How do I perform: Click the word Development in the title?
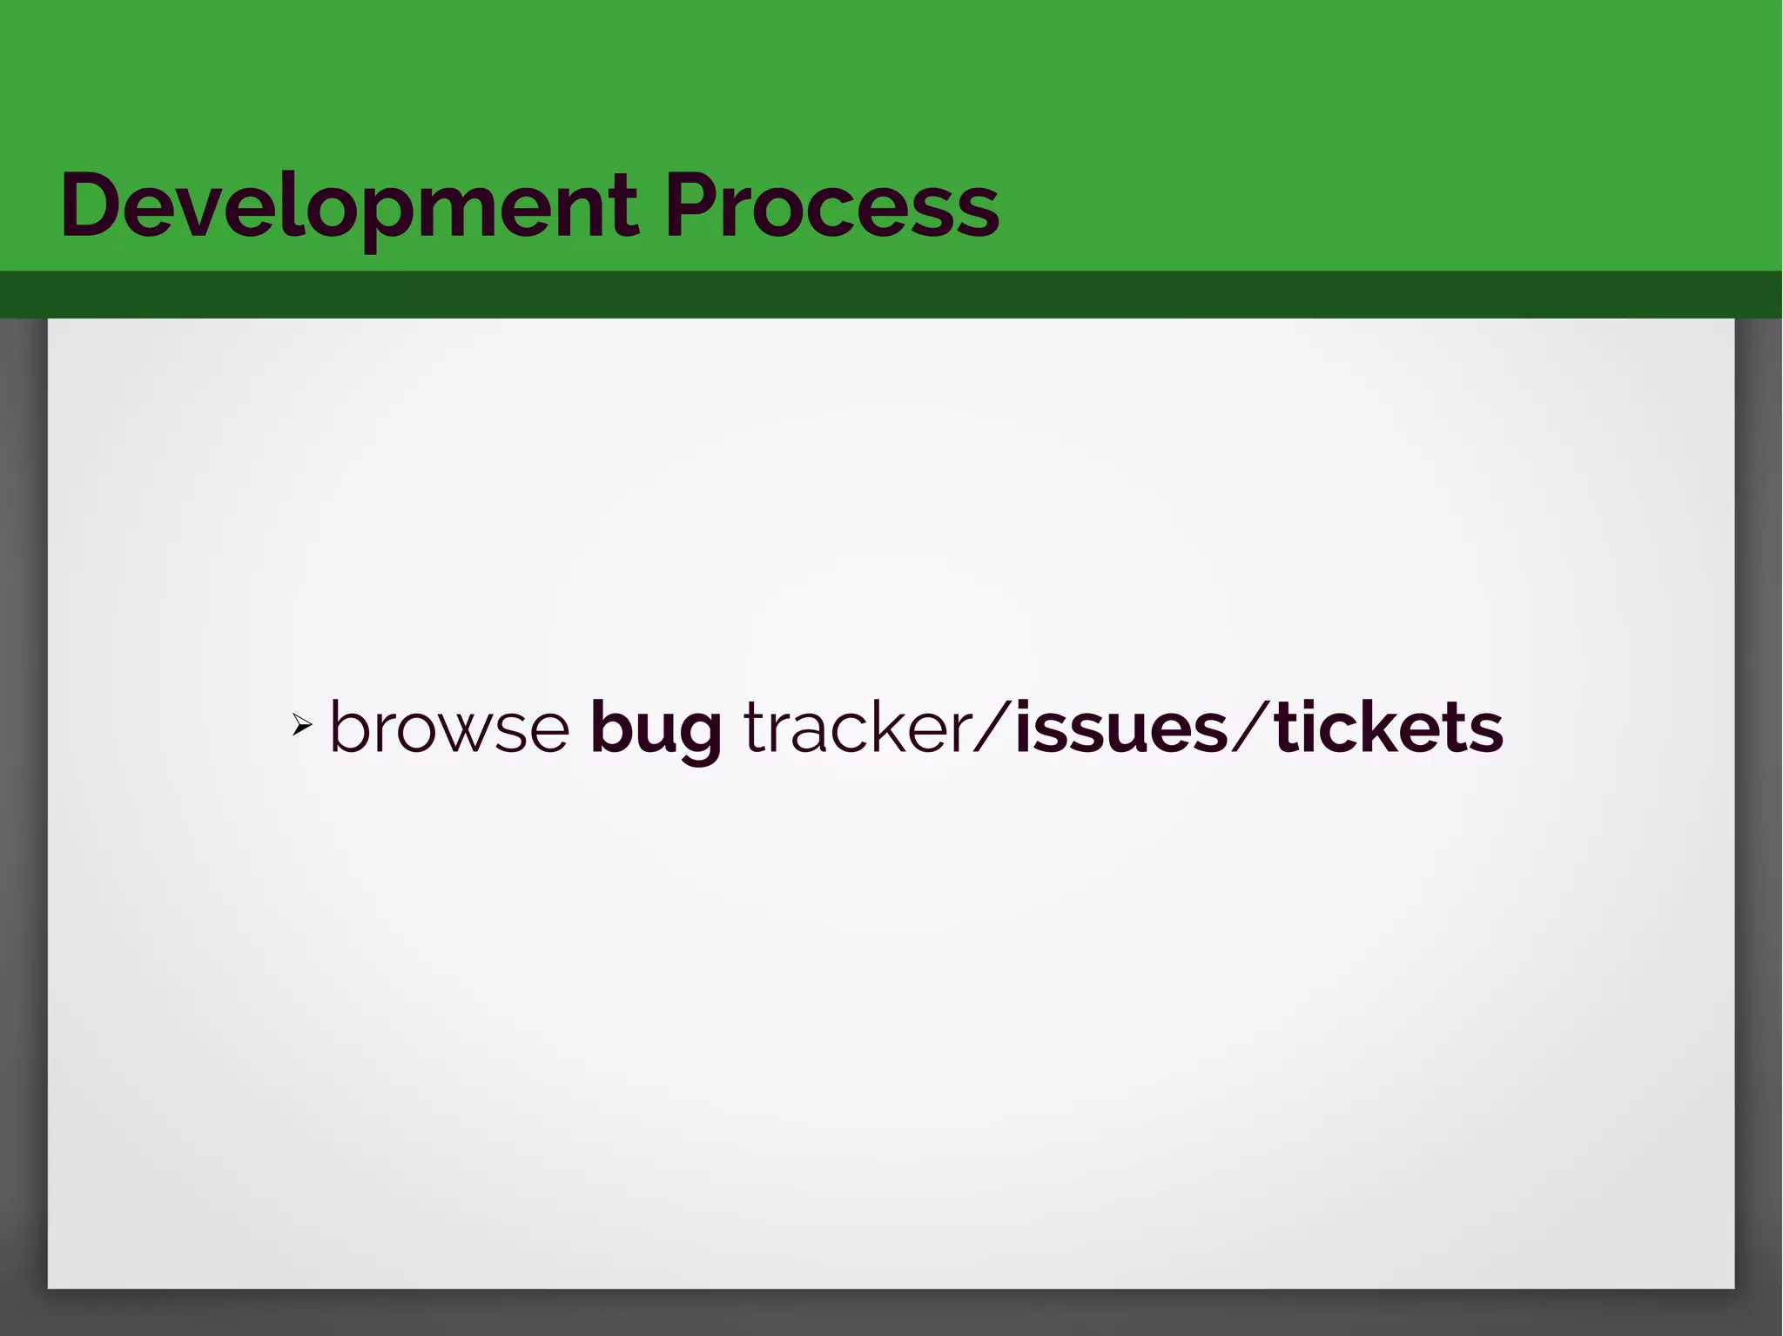[348, 206]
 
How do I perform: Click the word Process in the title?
[831, 206]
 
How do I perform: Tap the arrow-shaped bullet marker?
[301, 724]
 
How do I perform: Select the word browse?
[449, 727]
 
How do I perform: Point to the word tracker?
[858, 727]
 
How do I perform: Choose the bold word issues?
[1121, 727]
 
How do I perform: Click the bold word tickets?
[1388, 727]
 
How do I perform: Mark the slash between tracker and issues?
[992, 727]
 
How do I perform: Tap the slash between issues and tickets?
[1251, 727]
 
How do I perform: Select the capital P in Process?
[692, 206]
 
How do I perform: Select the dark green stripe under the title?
[891, 294]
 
